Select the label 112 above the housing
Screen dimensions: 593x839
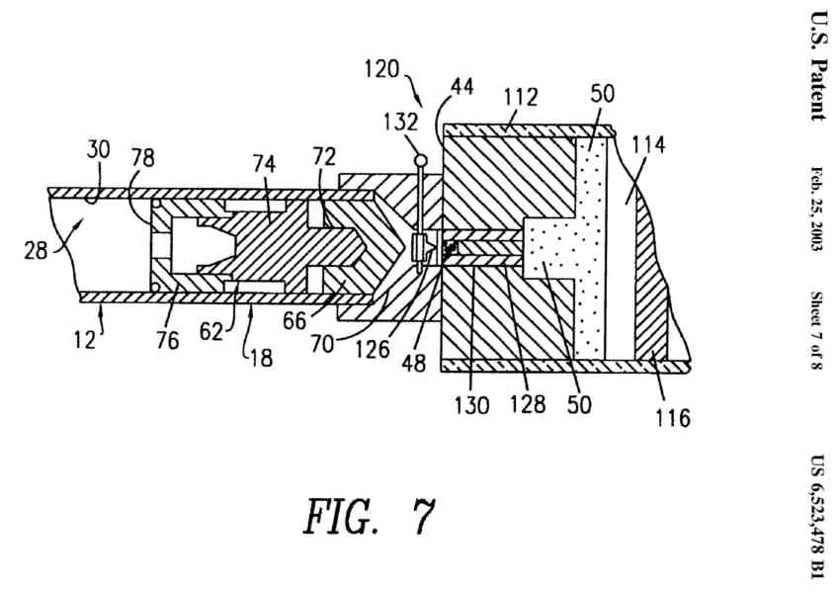click(x=519, y=97)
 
